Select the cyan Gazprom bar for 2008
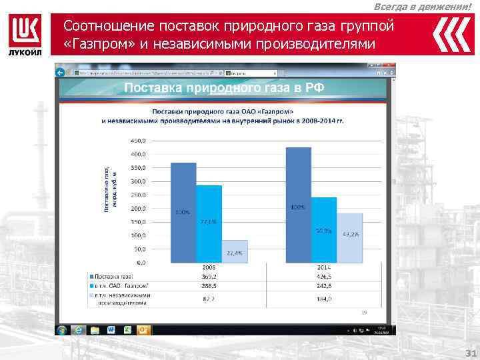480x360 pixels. click(x=209, y=223)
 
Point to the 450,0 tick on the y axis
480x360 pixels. click(x=138, y=141)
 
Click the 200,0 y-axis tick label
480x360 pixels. click(x=138, y=209)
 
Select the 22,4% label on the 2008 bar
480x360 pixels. click(x=234, y=253)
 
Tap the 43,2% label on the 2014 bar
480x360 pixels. click(x=350, y=234)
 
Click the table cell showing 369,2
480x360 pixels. click(x=209, y=276)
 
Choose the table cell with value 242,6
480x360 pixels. click(x=324, y=284)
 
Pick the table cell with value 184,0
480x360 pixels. click(x=324, y=299)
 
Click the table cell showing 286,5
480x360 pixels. click(x=209, y=284)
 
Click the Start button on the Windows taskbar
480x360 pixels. click(x=62, y=329)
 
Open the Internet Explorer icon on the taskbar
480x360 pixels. click(x=78, y=329)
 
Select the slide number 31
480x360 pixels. click(x=468, y=353)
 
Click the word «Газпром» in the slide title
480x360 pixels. click(x=92, y=44)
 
